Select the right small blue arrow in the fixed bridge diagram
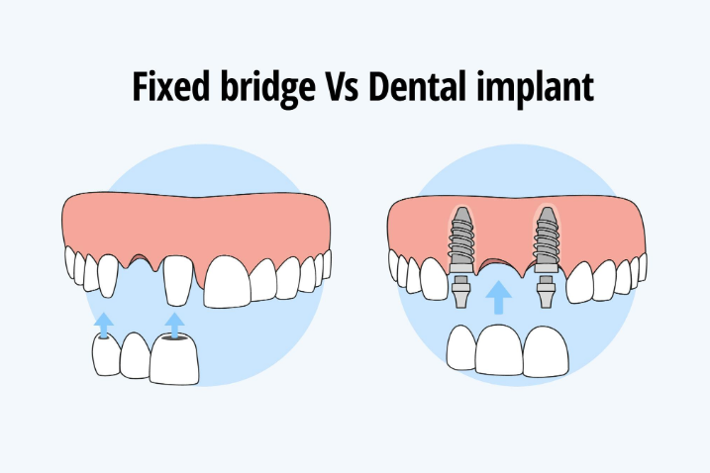(174, 324)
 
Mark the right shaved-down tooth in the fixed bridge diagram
(176, 277)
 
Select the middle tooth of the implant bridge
(501, 350)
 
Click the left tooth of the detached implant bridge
(462, 348)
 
